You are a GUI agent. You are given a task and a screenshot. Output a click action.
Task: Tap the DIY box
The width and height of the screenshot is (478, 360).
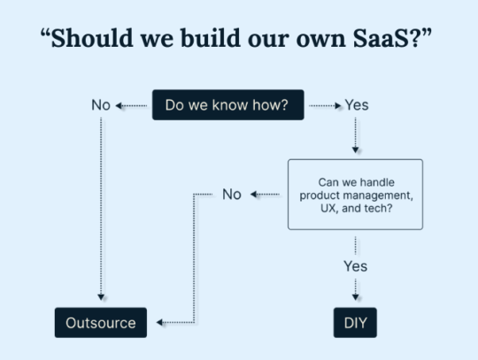point(355,323)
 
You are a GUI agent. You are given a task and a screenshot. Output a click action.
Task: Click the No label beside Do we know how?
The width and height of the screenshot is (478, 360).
point(101,105)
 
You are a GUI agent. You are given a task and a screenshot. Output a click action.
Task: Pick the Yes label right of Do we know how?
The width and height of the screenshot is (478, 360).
point(356,105)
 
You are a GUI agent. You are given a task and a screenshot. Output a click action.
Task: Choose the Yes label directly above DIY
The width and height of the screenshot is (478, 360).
point(355,265)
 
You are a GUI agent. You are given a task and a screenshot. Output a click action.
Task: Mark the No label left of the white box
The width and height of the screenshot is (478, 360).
point(232,195)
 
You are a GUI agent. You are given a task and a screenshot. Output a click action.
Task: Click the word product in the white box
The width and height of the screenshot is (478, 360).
point(321,194)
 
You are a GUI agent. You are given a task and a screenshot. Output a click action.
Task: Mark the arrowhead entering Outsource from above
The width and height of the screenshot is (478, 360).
point(101,299)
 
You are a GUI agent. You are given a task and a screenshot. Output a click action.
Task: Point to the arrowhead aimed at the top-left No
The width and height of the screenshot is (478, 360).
point(119,105)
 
